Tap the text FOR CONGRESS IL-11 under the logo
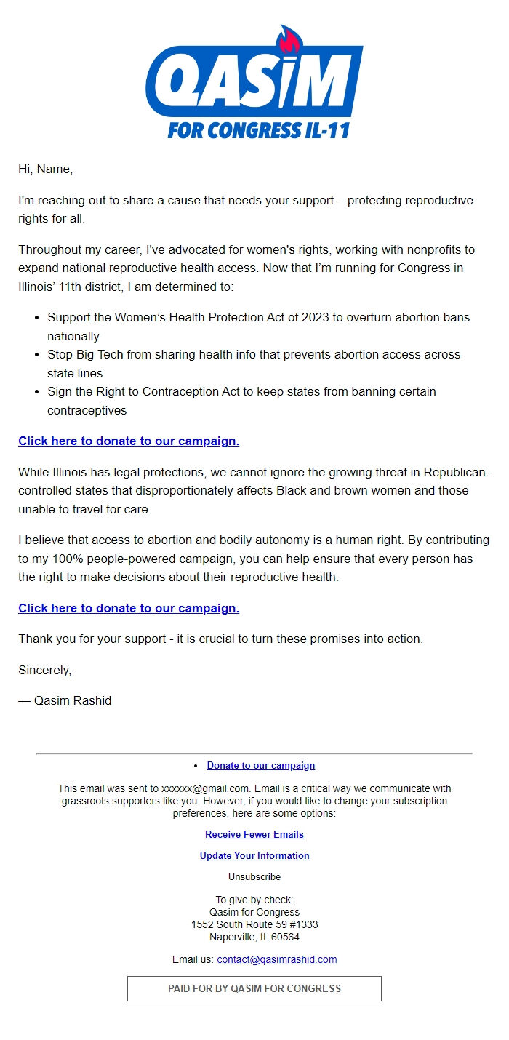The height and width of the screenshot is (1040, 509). click(259, 131)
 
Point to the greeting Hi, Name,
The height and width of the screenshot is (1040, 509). click(45, 169)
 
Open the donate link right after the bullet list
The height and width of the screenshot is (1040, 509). click(129, 441)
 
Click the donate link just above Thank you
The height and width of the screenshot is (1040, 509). click(129, 609)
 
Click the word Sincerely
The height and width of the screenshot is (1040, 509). click(44, 671)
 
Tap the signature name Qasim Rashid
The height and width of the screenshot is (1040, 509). click(73, 701)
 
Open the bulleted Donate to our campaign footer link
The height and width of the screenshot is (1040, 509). click(260, 766)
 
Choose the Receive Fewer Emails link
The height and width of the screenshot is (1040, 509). click(254, 835)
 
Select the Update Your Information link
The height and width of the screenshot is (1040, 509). click(254, 856)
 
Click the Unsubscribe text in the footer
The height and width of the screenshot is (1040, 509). click(254, 877)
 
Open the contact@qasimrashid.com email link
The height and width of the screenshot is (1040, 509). click(276, 960)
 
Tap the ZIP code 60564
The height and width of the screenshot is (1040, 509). click(285, 937)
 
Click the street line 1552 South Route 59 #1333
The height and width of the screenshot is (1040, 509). click(254, 925)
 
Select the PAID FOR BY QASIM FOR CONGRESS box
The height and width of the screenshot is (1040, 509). click(254, 989)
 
